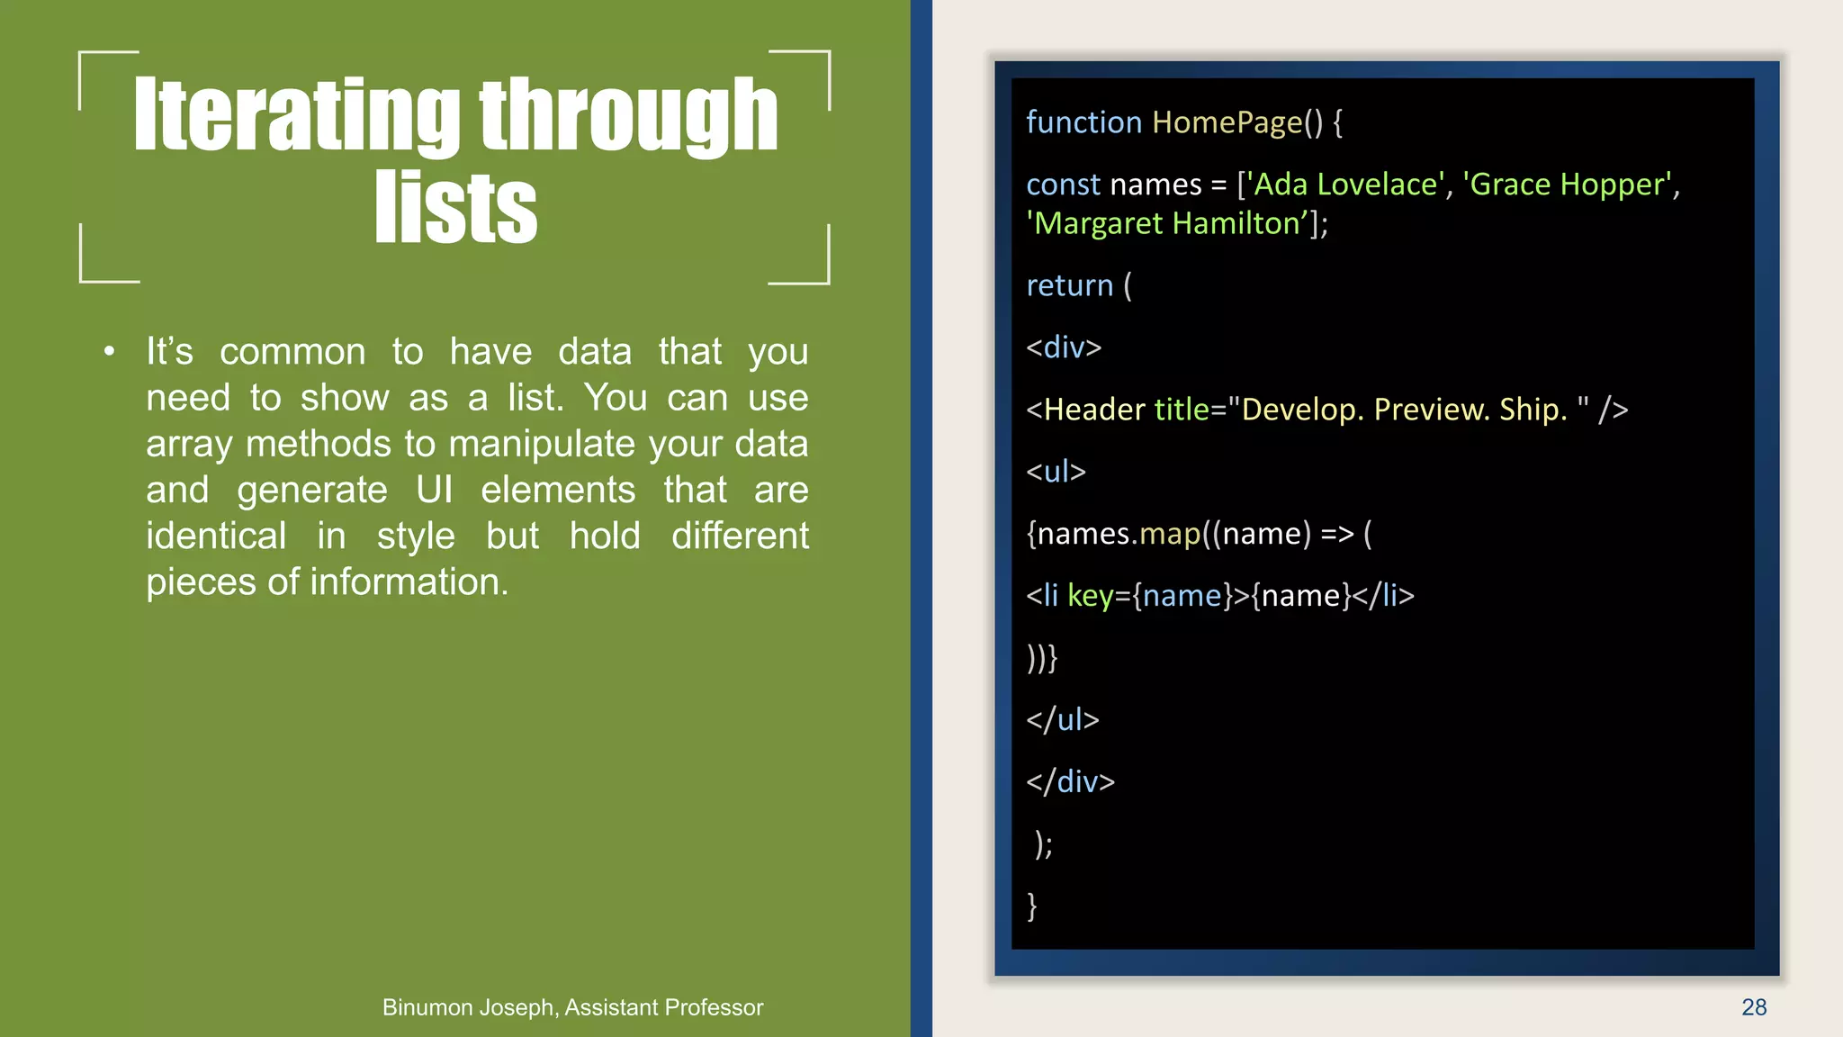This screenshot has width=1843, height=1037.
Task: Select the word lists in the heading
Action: pos(456,209)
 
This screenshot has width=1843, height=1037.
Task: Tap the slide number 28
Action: pos(1753,1007)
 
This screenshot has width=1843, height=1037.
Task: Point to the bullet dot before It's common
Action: pos(109,352)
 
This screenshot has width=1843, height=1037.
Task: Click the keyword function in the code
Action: pos(1083,122)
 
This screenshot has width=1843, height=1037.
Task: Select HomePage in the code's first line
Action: pos(1227,122)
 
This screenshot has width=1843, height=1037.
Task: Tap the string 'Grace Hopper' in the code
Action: pos(1567,185)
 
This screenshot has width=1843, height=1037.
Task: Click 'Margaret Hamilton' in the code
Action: pos(1167,223)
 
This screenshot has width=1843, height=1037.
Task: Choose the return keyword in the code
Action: pos(1069,285)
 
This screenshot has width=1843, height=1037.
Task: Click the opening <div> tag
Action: pos(1064,347)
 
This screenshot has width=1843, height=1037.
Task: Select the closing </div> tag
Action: pos(1070,781)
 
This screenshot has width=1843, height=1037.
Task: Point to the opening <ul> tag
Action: pos(1056,472)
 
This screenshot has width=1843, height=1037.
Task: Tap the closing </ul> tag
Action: pos(1062,719)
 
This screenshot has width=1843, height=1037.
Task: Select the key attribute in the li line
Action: pos(1090,596)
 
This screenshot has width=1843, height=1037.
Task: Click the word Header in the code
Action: pos(1094,410)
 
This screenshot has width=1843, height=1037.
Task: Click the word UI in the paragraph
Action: pos(434,491)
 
